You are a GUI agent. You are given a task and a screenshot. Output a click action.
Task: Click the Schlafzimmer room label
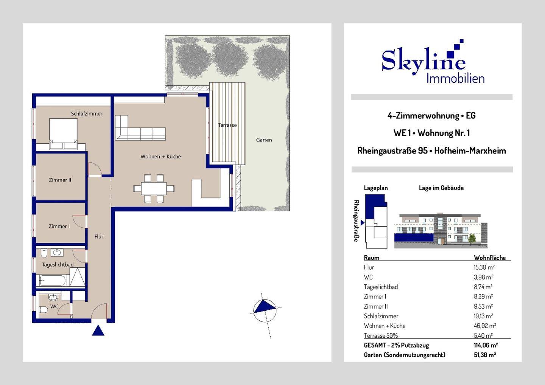[87, 113]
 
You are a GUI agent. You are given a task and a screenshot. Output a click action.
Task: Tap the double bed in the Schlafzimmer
[64, 134]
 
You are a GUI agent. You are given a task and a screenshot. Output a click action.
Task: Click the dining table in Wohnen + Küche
[154, 188]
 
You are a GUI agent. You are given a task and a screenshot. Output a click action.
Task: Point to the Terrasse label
[227, 125]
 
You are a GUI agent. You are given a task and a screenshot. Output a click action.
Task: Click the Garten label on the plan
[264, 140]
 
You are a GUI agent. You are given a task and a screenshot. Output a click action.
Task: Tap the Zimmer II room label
[60, 180]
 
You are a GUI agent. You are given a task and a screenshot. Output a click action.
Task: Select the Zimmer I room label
[59, 227]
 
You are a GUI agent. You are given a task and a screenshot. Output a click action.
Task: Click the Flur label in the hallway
[99, 237]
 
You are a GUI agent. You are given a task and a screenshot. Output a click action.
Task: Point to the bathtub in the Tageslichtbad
[53, 281]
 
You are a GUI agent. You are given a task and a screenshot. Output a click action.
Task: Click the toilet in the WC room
[44, 310]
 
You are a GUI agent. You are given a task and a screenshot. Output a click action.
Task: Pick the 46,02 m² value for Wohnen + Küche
[484, 326]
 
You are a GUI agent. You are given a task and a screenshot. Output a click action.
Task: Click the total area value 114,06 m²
[486, 345]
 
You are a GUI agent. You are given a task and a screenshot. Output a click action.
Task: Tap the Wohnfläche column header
[490, 258]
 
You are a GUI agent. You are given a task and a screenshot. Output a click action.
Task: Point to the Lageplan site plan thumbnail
[376, 222]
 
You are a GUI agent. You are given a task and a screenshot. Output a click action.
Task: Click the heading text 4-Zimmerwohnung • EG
[431, 116]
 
